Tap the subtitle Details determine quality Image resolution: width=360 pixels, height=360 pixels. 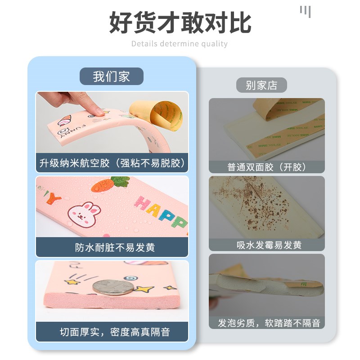coord(180,44)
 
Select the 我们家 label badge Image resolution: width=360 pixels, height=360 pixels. coord(112,76)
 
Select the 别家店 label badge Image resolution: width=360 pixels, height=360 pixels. coord(261,85)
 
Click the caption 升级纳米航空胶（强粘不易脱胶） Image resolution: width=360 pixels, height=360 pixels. coord(112,163)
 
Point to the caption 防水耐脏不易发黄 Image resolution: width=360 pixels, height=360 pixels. coord(112,247)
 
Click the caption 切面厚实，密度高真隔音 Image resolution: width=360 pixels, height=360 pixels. coord(112,332)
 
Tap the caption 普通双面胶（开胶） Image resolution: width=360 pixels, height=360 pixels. coord(267,166)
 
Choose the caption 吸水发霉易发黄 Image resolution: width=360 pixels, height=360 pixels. coord(267,245)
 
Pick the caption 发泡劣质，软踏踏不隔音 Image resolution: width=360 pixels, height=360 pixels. coord(267,323)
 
